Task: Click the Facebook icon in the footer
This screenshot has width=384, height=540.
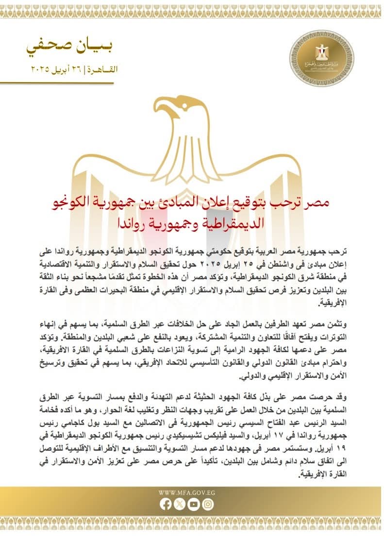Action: coord(166,505)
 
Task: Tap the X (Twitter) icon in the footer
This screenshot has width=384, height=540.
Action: coord(180,505)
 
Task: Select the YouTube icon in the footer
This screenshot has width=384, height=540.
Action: coord(194,505)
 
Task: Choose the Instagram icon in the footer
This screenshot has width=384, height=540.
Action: coord(208,505)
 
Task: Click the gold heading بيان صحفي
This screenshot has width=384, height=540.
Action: coord(73,48)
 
